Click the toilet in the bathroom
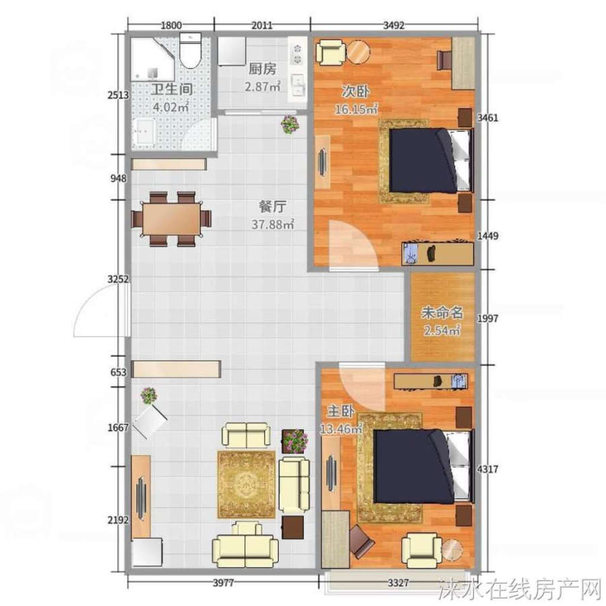click(191, 50)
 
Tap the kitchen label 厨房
click(262, 69)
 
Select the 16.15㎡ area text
click(356, 109)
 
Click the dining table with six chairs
click(171, 219)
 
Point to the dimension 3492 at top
click(393, 26)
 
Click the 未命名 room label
click(442, 312)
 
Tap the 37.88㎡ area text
click(273, 224)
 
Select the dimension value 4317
click(487, 469)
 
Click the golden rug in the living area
click(246, 484)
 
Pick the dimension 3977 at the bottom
click(224, 582)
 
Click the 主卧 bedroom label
click(341, 411)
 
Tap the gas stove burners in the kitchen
click(298, 54)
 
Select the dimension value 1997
click(487, 318)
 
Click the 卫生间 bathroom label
click(172, 90)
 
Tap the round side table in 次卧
click(358, 52)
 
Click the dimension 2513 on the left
click(118, 95)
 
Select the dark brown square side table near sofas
click(293, 527)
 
